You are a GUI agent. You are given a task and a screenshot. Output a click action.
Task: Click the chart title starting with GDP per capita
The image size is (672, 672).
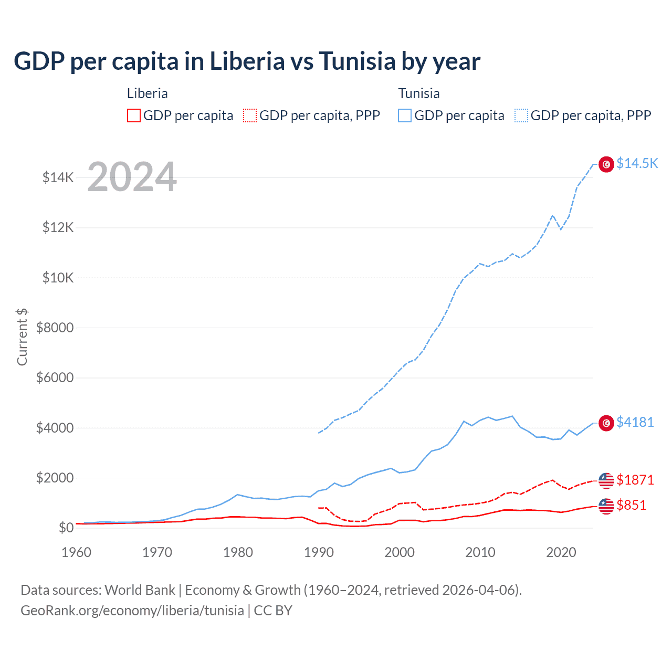coord(247,61)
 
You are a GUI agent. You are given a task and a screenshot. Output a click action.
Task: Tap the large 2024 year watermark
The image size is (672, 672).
coord(132,177)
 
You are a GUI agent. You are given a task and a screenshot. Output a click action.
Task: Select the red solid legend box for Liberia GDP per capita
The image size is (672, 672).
coord(134,115)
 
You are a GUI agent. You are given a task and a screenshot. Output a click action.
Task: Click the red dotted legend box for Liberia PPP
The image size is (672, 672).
coord(250,115)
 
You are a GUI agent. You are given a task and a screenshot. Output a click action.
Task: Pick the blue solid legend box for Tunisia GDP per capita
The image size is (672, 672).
coord(405,115)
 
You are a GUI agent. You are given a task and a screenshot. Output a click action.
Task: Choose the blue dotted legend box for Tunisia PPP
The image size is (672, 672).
coord(521,115)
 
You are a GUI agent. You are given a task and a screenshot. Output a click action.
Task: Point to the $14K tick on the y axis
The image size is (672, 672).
coord(58,177)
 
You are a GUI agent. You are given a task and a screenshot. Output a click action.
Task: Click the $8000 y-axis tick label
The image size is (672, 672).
coord(55,328)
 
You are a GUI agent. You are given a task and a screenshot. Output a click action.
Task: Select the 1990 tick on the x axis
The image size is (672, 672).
coord(319,552)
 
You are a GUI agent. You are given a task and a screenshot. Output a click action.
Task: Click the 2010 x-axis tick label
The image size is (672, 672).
coord(480,552)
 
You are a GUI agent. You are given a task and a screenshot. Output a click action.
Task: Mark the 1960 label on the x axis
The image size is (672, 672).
coord(77,552)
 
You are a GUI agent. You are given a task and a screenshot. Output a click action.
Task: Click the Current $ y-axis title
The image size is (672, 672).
coord(22,337)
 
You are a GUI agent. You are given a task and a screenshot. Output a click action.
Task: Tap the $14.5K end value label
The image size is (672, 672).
coord(637,163)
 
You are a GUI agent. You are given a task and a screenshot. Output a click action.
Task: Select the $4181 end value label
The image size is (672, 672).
coord(635,422)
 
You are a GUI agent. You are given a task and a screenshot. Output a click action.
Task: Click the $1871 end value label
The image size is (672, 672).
coord(635,480)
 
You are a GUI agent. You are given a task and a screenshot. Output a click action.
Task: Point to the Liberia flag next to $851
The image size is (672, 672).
coord(606,506)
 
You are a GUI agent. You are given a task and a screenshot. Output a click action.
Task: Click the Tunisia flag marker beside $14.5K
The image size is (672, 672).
coord(606,164)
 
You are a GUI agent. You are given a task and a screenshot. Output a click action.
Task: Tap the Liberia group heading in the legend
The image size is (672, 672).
coord(148,93)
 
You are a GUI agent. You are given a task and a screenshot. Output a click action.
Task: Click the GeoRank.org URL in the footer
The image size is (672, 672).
coord(132,611)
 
